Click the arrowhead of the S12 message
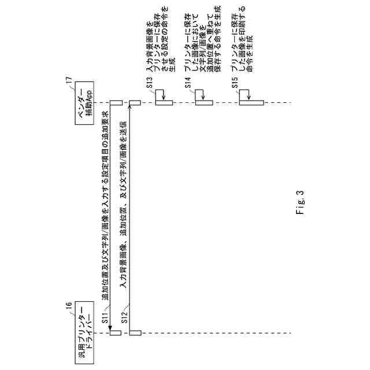(131, 109)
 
